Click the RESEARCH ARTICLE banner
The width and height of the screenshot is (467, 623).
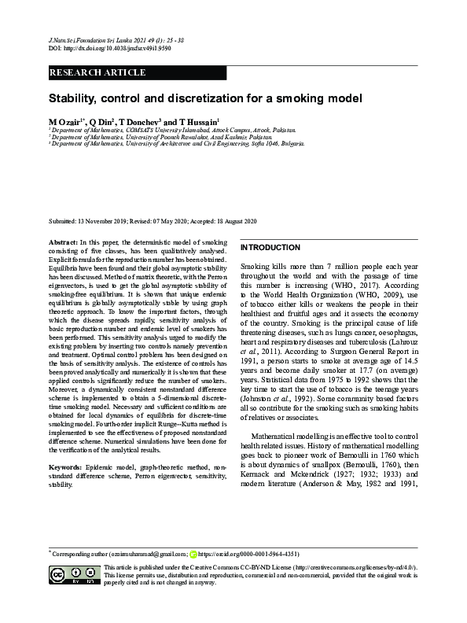tap(97, 72)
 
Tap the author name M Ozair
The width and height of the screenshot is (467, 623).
tap(66, 123)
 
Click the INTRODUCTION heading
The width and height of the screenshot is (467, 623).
tap(270, 247)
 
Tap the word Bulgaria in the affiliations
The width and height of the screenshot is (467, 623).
tap(289, 144)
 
